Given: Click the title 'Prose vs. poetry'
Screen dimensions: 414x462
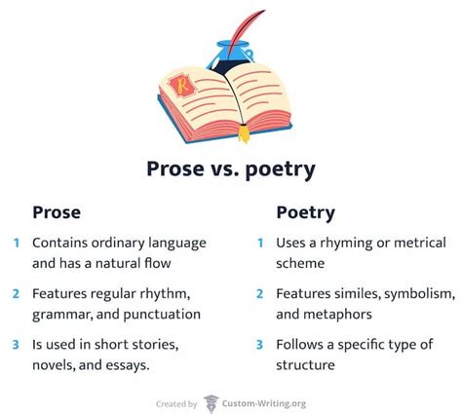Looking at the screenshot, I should (230, 169).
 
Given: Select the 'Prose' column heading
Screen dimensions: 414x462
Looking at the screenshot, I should (57, 211).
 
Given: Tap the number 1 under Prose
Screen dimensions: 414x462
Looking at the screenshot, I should (16, 243).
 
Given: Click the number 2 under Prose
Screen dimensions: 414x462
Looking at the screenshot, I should (16, 293).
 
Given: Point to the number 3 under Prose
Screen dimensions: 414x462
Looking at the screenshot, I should (16, 344).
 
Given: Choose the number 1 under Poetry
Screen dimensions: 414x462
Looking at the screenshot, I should (259, 243).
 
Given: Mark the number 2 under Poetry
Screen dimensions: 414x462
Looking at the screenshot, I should (259, 293).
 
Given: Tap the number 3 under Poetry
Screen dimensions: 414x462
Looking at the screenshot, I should (259, 344).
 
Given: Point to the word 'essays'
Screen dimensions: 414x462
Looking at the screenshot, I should (150, 365).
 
